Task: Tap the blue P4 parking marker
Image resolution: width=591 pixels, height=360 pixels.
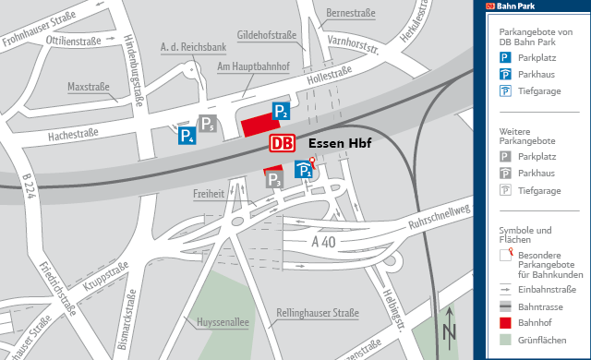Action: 187,137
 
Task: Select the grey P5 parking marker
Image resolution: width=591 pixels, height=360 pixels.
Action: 209,125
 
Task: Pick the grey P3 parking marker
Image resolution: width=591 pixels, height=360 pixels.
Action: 273,181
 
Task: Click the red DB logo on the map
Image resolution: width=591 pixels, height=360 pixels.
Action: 283,144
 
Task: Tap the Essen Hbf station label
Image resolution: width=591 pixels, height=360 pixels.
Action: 338,144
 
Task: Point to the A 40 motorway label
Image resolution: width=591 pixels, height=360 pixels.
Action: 323,242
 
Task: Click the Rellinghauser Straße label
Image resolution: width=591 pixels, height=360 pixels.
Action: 317,314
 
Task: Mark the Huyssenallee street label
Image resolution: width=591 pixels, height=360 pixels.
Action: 223,321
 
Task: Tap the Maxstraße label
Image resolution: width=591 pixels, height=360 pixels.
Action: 89,88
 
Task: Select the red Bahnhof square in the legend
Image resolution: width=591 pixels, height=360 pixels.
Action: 505,323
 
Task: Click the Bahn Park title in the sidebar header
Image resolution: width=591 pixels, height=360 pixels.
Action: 516,6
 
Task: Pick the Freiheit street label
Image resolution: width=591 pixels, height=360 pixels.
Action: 209,195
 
